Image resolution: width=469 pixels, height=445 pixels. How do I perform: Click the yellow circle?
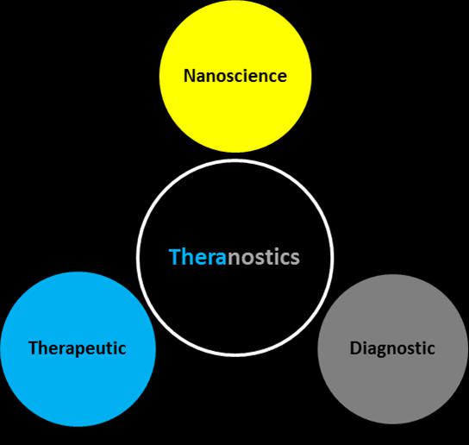click(235, 76)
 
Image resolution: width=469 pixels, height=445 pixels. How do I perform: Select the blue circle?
click(78, 349)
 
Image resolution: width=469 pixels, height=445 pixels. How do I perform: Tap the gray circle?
click(392, 349)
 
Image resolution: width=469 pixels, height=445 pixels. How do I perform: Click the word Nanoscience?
click(235, 76)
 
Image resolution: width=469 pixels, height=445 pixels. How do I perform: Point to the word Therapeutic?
click(78, 348)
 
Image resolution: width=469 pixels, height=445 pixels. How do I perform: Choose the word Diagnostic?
click(392, 348)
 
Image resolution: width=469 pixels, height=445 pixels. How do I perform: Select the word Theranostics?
click(234, 257)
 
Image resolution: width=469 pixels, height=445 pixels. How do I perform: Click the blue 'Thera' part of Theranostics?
click(197, 257)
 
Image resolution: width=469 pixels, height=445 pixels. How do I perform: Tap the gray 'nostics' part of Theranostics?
click(264, 258)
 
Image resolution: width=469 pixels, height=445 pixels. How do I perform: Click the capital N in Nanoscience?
click(190, 76)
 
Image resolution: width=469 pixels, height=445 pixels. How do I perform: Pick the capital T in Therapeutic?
click(34, 348)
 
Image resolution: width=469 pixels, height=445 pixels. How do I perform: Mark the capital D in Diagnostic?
click(356, 348)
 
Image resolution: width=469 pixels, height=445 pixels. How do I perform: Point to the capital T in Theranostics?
click(175, 257)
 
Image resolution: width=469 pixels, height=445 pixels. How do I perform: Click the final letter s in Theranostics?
click(295, 260)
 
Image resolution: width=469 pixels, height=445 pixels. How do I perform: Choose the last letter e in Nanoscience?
click(282, 78)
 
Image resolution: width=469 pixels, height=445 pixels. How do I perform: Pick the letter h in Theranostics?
click(187, 257)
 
